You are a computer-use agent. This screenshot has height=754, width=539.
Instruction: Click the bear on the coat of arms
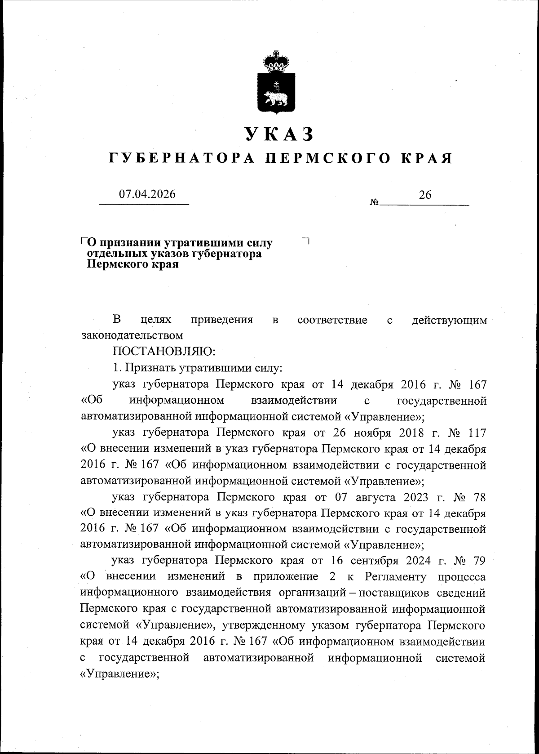275,97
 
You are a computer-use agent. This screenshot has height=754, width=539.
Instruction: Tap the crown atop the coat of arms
275,62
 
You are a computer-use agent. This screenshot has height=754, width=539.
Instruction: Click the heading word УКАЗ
278,134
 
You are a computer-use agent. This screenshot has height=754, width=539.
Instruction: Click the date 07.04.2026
147,194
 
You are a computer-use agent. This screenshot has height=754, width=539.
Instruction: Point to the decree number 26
425,194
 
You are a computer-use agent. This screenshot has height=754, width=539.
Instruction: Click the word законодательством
132,335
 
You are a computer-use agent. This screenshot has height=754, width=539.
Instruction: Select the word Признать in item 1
150,368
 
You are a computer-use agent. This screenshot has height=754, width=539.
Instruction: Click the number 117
477,433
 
